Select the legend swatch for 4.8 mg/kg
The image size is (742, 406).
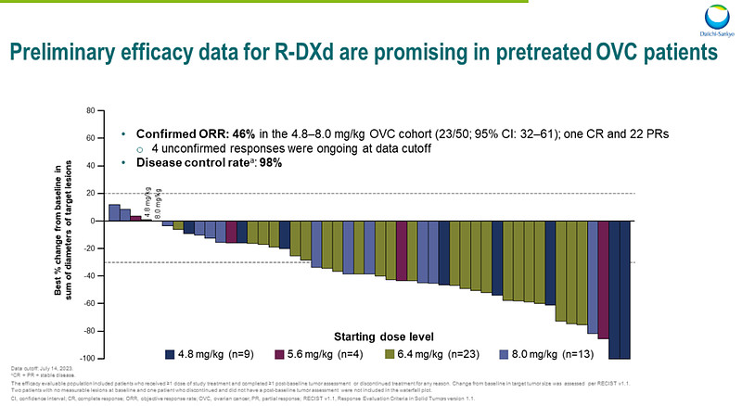(x=172, y=353)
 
